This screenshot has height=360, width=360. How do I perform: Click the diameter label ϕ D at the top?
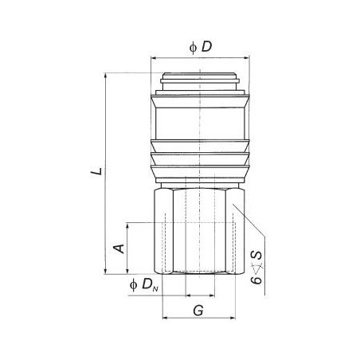200,47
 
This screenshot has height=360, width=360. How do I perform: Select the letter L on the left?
96,170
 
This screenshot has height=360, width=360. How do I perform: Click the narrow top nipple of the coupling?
199,82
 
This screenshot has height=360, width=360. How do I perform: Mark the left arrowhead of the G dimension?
166,319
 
